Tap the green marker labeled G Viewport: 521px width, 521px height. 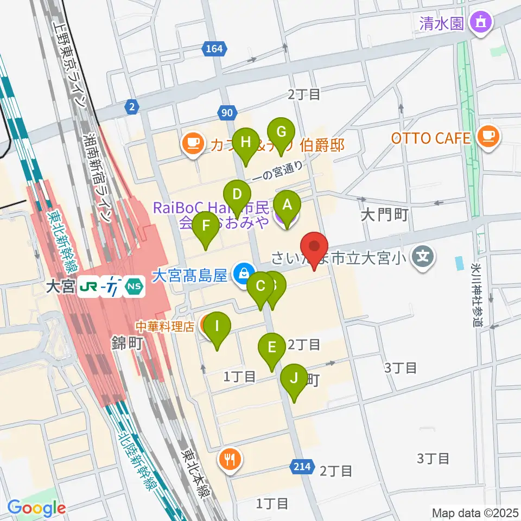point(281,132)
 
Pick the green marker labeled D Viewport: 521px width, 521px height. point(237,194)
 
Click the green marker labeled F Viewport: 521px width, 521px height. point(206,225)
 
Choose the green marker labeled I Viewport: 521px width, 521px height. point(217,327)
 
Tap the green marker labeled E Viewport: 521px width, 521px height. point(272,347)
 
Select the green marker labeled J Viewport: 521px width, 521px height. point(294,378)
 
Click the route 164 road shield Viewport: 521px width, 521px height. point(214,49)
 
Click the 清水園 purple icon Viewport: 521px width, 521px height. point(480,23)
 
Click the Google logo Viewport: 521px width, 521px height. point(37,507)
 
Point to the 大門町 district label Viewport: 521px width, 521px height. point(384,215)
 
